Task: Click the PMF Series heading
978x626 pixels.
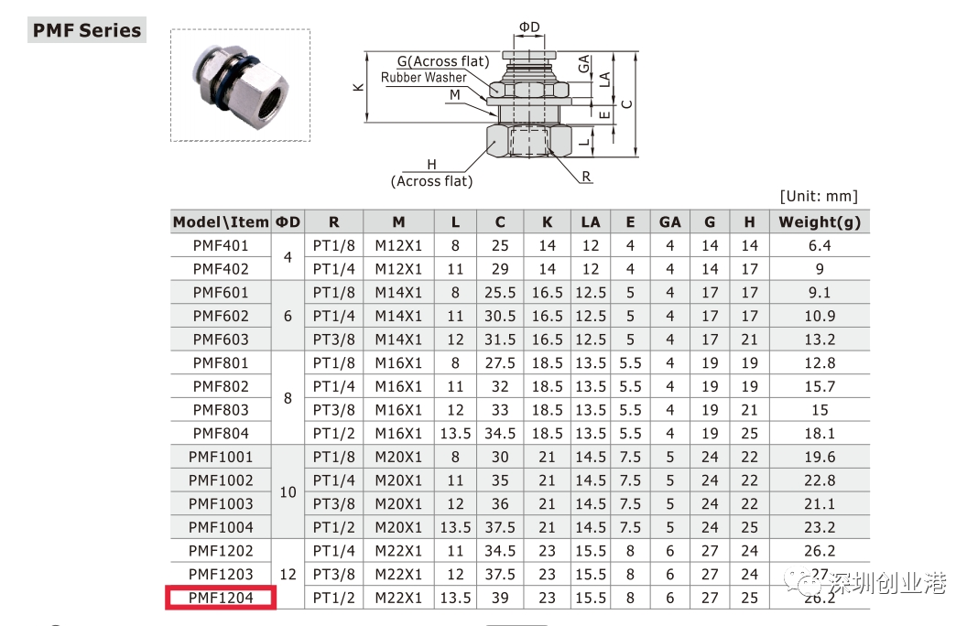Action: [87, 30]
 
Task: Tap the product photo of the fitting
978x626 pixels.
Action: [240, 85]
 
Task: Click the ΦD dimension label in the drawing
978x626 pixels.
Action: [529, 27]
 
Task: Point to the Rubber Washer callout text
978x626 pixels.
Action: [423, 77]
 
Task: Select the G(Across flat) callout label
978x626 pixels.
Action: [443, 61]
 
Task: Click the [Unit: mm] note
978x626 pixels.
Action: [819, 197]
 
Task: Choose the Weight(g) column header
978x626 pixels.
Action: [820, 222]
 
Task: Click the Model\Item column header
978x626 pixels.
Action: [221, 222]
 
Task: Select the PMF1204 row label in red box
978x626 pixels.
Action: [221, 598]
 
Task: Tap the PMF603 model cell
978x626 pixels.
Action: [221, 340]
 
